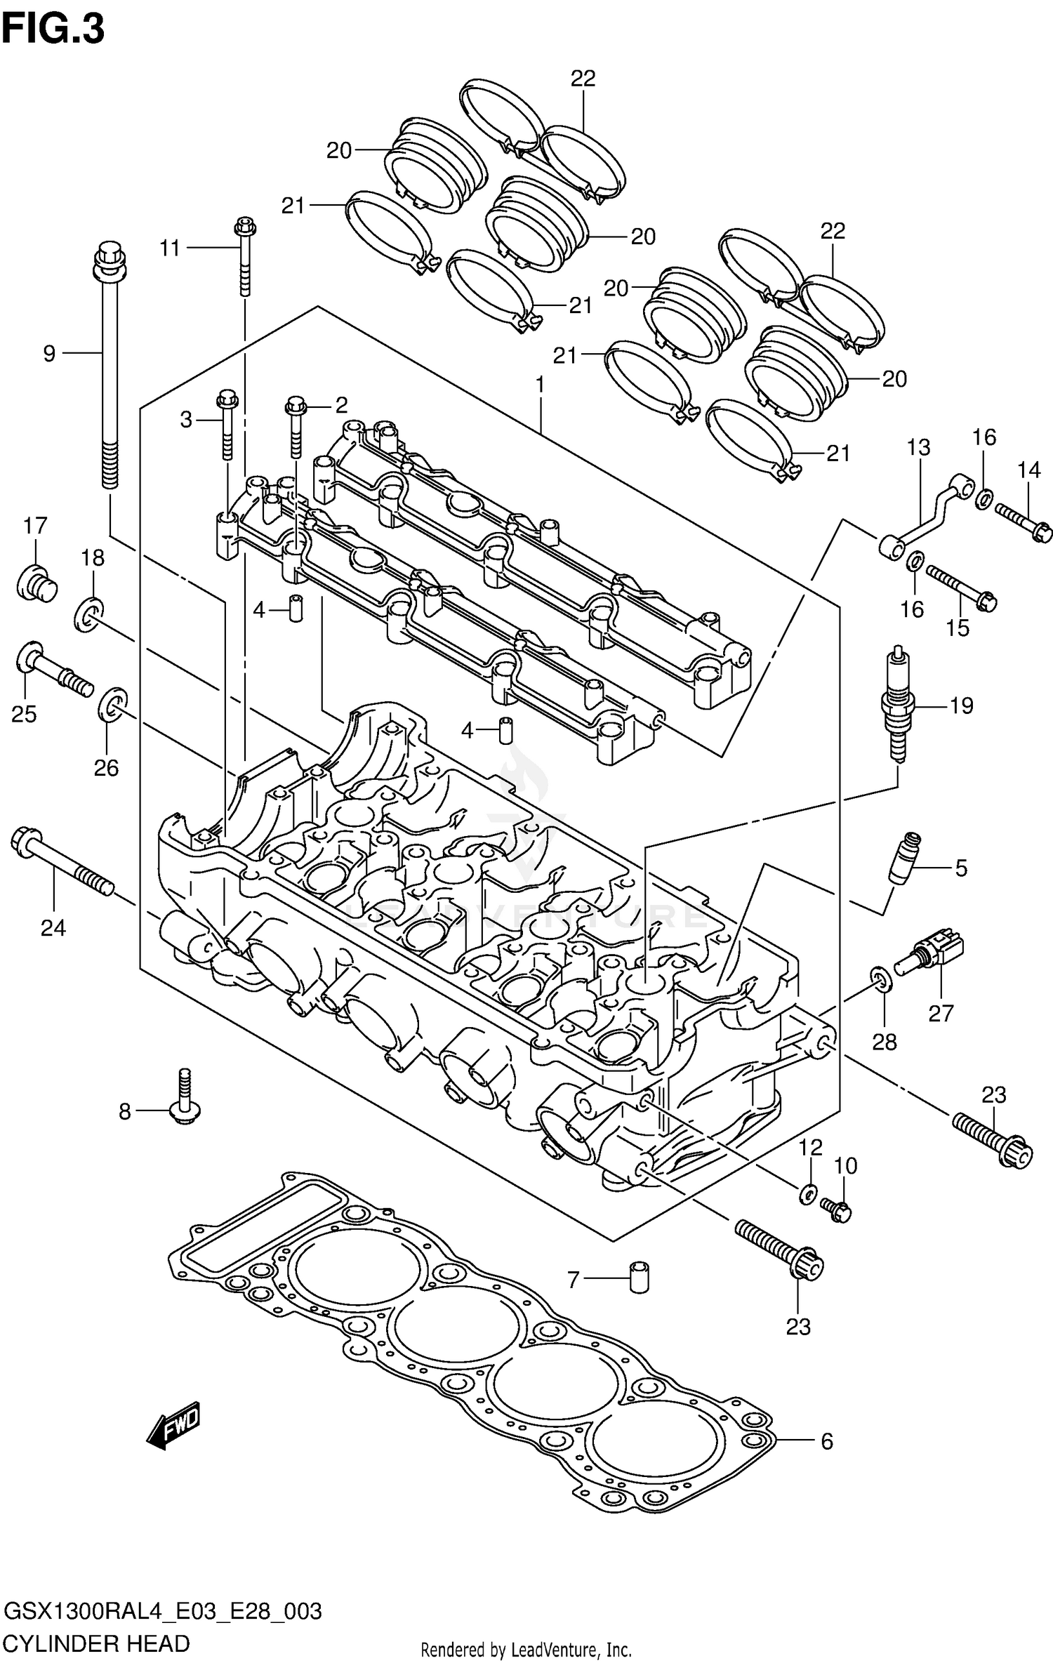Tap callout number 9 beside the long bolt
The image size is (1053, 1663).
[49, 353]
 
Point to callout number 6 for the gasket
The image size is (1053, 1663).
[826, 1441]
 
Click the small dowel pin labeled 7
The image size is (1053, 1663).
[639, 1280]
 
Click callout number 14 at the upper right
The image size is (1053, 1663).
[1028, 470]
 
